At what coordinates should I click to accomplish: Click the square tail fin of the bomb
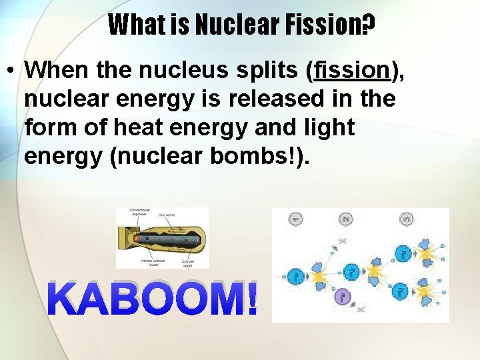tap(124, 238)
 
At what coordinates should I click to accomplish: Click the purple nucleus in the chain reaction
tap(342, 297)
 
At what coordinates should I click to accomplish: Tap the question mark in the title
tap(367, 25)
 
